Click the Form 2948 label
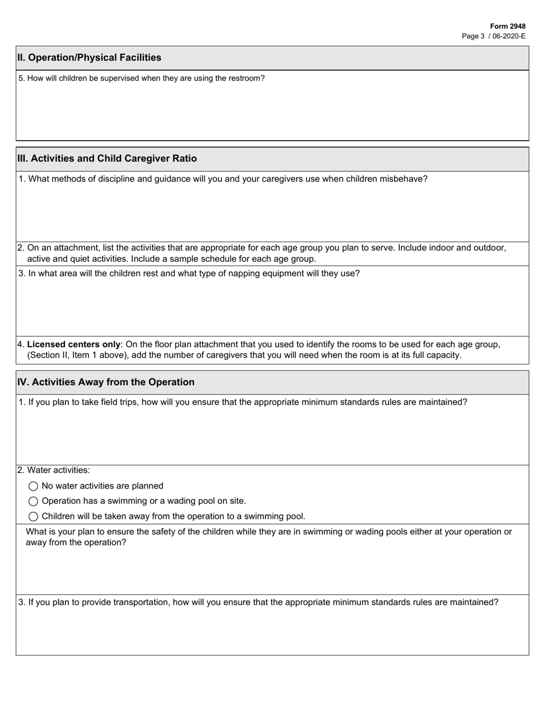(x=508, y=26)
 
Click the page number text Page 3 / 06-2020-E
(x=493, y=36)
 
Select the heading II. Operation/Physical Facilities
(x=89, y=57)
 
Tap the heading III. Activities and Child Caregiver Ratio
(x=107, y=158)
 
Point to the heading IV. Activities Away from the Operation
(x=106, y=382)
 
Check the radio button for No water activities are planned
(x=33, y=486)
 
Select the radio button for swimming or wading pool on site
(x=33, y=501)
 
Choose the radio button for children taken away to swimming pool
(x=33, y=517)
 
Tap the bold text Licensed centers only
(x=73, y=344)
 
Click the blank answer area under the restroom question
(x=272, y=112)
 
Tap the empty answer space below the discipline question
(x=272, y=212)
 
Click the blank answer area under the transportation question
(x=272, y=631)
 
